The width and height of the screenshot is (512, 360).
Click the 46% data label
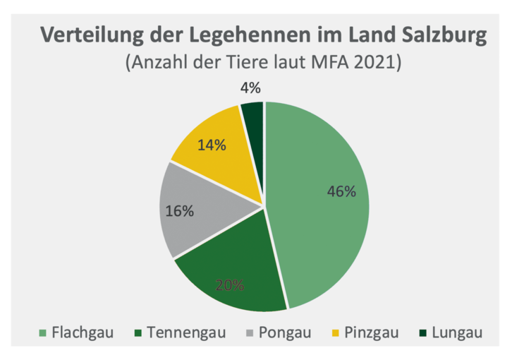pyautogui.click(x=341, y=191)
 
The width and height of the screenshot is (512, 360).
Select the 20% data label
pyautogui.click(x=230, y=285)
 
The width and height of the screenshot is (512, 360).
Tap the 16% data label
pyautogui.click(x=179, y=211)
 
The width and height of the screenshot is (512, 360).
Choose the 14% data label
pyautogui.click(x=212, y=145)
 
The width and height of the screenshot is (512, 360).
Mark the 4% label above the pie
pyautogui.click(x=250, y=88)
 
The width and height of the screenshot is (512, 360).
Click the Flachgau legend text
pyautogui.click(x=80, y=332)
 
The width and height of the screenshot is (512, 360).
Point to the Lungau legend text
pyautogui.click(x=457, y=332)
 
